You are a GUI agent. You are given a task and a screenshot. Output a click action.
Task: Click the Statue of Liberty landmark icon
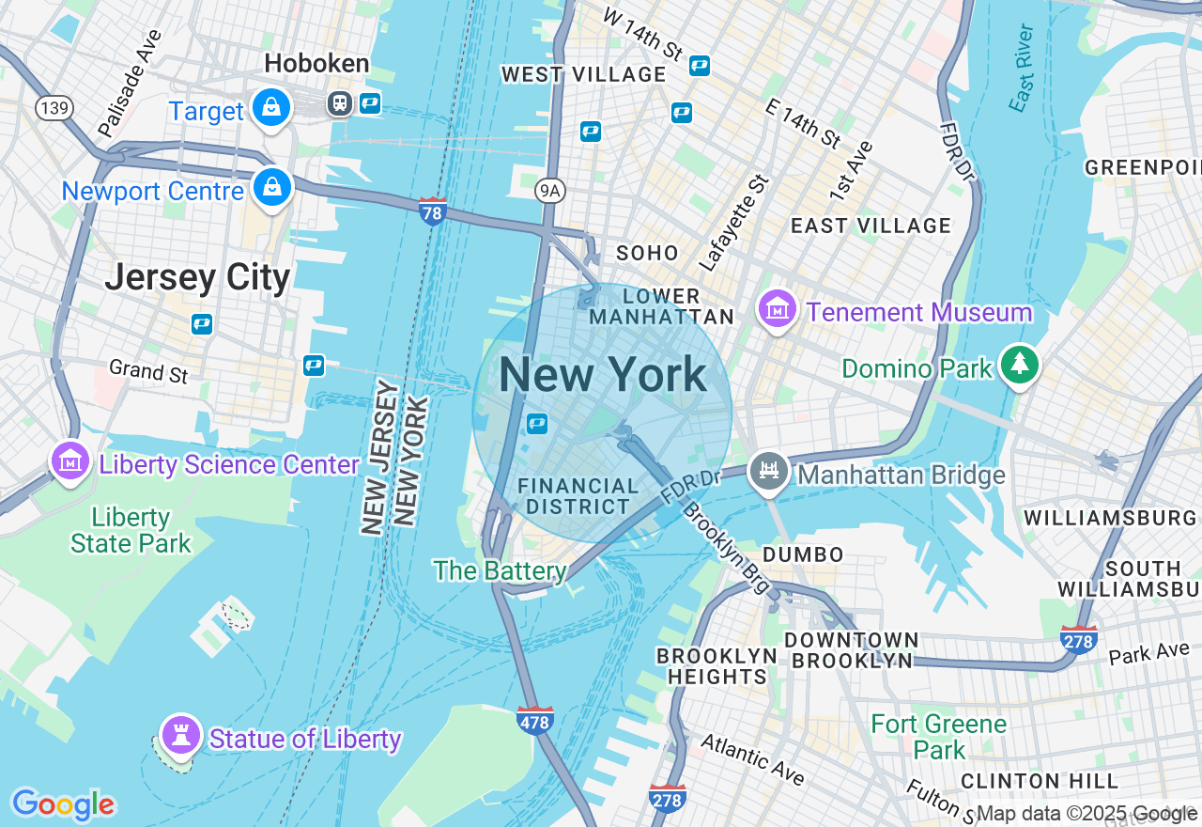pyautogui.click(x=180, y=735)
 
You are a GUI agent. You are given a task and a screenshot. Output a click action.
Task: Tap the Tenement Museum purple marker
pyautogui.click(x=778, y=309)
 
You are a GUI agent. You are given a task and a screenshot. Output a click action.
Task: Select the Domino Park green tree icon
pyautogui.click(x=1019, y=365)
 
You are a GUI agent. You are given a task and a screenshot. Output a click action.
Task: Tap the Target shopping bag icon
pyautogui.click(x=271, y=109)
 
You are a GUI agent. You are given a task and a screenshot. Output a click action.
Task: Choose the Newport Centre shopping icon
pyautogui.click(x=271, y=188)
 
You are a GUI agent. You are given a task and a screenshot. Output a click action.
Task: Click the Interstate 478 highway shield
pyautogui.click(x=534, y=719)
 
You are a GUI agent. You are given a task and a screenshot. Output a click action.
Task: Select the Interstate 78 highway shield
pyautogui.click(x=433, y=211)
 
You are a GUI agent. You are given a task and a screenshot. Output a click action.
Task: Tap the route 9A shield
pyautogui.click(x=550, y=192)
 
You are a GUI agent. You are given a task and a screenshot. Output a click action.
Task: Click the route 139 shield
pyautogui.click(x=54, y=108)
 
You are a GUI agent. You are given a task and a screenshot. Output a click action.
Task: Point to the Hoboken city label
pyautogui.click(x=316, y=64)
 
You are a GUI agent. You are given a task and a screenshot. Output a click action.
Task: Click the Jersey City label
pyautogui.click(x=197, y=278)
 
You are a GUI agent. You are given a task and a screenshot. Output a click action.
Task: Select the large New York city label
pyautogui.click(x=602, y=375)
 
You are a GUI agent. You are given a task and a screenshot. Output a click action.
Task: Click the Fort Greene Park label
pyautogui.click(x=938, y=737)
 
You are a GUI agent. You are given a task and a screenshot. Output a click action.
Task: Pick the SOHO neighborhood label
pyautogui.click(x=647, y=253)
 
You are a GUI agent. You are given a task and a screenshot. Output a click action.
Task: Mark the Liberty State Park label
pyautogui.click(x=131, y=530)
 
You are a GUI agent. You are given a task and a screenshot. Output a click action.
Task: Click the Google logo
pyautogui.click(x=63, y=804)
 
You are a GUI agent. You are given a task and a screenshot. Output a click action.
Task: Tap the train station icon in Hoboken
pyautogui.click(x=340, y=103)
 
